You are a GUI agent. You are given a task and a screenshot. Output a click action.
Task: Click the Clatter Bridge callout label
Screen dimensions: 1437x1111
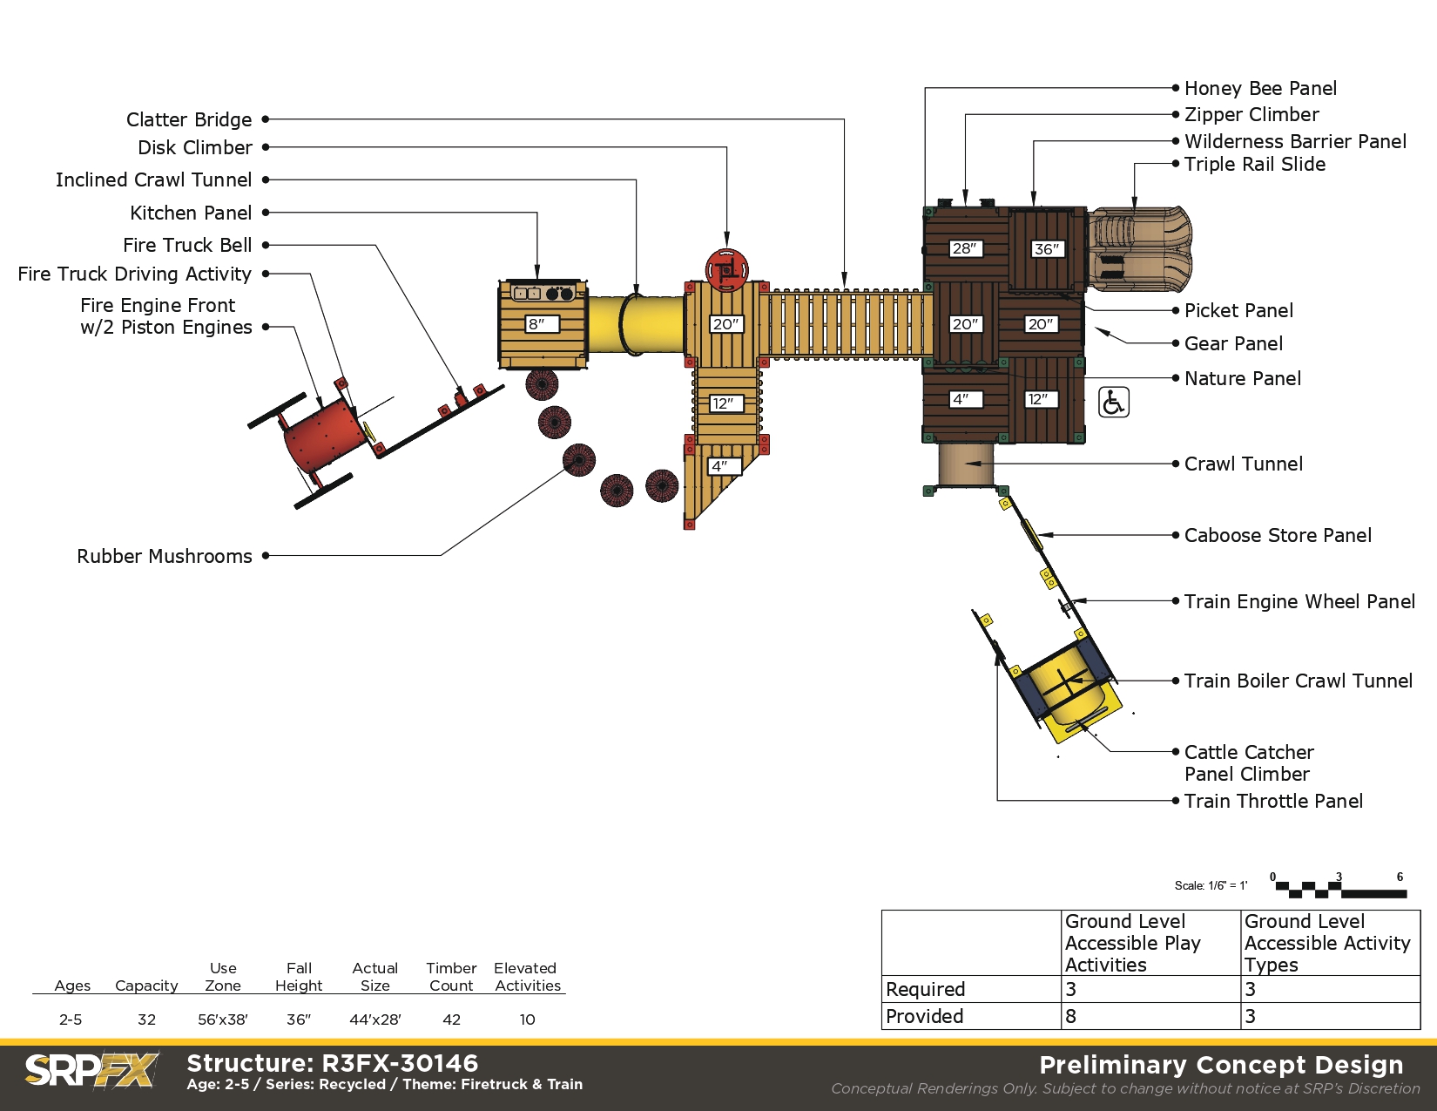(x=189, y=119)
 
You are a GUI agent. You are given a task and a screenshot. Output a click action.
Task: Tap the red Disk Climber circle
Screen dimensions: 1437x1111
(x=726, y=270)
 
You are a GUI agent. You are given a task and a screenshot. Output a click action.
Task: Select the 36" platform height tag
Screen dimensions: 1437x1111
(x=1046, y=249)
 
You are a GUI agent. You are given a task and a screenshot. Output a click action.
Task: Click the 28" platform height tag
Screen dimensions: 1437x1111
(x=965, y=248)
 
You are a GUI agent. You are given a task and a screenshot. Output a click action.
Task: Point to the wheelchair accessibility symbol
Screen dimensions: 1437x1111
(x=1114, y=403)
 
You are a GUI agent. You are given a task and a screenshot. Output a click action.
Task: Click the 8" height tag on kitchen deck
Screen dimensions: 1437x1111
(x=542, y=324)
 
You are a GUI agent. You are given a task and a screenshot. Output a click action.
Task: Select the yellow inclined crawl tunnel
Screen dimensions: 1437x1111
(x=636, y=324)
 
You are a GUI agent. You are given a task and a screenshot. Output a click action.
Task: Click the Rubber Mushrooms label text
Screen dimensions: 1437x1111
(x=165, y=557)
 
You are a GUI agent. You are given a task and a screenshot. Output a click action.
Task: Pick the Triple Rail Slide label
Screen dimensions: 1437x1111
(x=1254, y=164)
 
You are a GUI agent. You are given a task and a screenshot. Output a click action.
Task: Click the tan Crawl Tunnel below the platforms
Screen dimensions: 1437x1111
(x=966, y=464)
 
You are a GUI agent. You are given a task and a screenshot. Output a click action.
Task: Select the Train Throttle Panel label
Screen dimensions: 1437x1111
(x=1273, y=802)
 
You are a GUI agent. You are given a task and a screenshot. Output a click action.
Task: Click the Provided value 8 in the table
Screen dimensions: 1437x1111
(x=1070, y=1016)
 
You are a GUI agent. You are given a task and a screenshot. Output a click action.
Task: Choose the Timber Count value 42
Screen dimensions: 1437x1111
(x=451, y=1020)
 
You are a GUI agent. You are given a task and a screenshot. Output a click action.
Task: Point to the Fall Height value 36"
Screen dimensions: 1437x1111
(x=298, y=1020)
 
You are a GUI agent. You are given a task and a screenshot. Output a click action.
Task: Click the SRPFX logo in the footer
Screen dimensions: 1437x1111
(x=91, y=1070)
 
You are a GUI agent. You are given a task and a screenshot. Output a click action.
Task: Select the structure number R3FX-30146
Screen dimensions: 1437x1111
(x=400, y=1063)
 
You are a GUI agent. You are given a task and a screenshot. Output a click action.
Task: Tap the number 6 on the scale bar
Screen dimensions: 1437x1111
(x=1400, y=877)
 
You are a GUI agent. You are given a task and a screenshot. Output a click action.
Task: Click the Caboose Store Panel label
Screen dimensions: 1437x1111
(x=1278, y=535)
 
